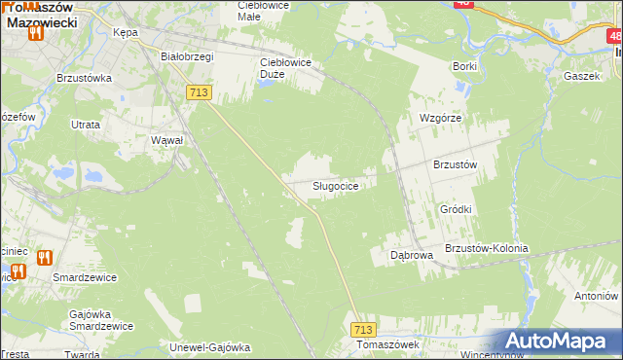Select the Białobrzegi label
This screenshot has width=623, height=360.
[186, 56]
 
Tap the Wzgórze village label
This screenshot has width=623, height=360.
[439, 117]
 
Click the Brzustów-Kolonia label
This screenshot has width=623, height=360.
[486, 248]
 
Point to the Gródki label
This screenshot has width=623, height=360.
[456, 209]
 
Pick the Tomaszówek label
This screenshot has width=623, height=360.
[386, 344]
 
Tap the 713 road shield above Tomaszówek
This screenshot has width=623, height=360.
[363, 330]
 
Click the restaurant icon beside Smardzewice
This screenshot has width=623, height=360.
[44, 258]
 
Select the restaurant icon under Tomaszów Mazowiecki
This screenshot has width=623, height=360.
[36, 31]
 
